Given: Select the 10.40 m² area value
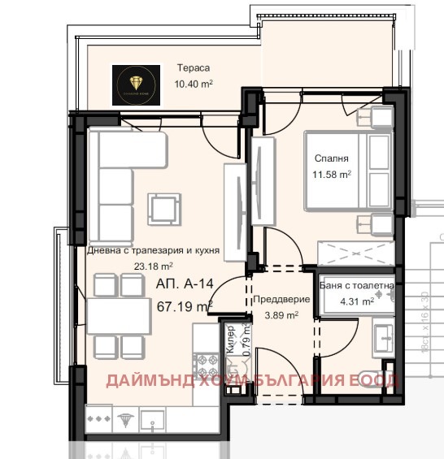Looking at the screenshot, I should click(194, 83).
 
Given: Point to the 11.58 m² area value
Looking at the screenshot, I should click(333, 174).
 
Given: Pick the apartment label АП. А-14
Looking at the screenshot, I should click(183, 285).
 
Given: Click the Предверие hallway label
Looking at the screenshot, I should click(278, 300).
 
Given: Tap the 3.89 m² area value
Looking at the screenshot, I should click(278, 314).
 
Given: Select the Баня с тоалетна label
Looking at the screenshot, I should click(358, 286).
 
